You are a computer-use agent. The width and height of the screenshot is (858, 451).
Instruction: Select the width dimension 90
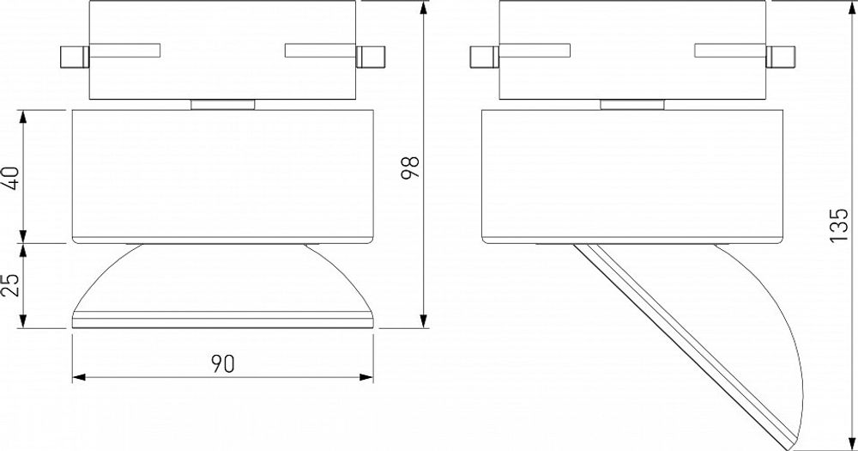224,364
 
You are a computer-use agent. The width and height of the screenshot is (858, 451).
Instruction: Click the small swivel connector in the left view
222,105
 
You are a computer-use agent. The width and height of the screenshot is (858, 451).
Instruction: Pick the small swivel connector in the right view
631,105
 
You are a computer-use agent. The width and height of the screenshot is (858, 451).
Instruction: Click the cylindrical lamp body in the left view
222,176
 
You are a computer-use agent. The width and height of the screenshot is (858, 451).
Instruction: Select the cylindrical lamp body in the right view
631,176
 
